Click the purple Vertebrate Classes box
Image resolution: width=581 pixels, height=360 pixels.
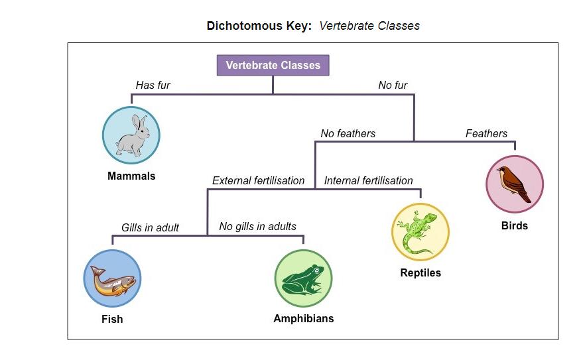273,65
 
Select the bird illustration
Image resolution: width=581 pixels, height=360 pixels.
515,184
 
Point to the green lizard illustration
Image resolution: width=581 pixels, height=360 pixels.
420,232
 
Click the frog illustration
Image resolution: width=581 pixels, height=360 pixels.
303,278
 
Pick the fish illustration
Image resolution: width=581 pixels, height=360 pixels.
112,278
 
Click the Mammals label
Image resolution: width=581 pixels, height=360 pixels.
131,176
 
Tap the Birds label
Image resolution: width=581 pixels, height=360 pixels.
515,225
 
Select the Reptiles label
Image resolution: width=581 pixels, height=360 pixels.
420,272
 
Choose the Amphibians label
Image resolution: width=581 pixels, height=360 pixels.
303,318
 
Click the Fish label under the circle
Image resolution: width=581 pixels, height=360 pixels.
112,319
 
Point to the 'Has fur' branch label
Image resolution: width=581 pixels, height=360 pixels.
153,85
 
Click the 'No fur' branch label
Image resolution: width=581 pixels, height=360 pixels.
393,85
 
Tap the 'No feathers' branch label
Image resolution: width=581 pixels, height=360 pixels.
348,133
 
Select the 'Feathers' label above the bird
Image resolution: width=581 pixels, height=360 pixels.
486,133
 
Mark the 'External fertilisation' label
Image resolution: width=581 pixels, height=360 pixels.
258,180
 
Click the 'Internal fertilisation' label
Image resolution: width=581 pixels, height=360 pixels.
368,180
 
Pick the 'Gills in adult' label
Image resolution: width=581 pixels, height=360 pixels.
150,227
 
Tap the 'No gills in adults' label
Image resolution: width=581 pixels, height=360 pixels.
257,226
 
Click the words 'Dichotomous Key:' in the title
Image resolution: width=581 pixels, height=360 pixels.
259,26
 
